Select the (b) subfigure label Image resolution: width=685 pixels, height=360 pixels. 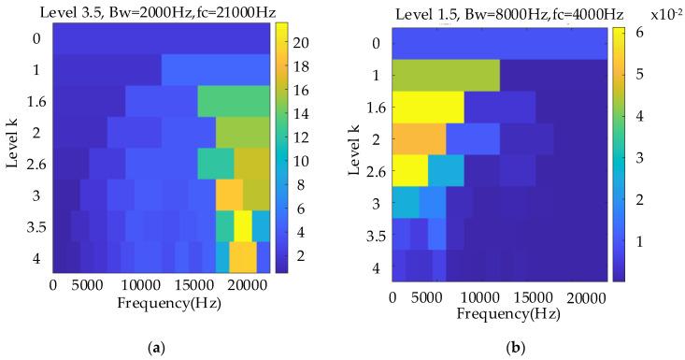tap(512, 347)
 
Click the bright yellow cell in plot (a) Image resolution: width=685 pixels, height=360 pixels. tap(243, 225)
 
